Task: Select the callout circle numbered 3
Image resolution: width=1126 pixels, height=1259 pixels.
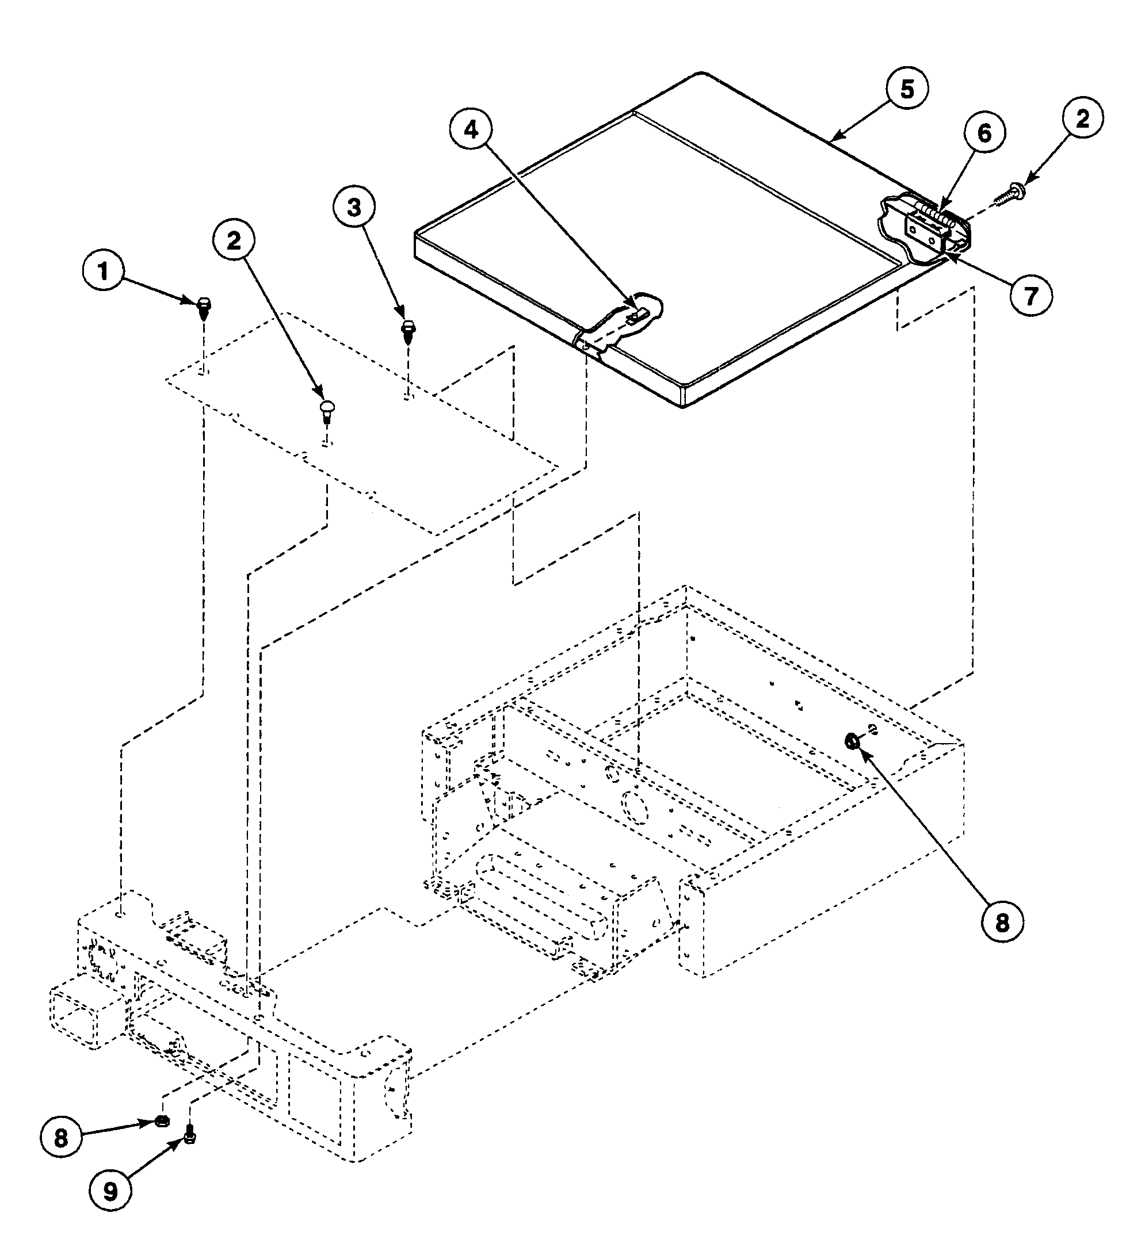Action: (x=354, y=208)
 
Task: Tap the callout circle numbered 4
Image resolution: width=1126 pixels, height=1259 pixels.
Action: (x=471, y=131)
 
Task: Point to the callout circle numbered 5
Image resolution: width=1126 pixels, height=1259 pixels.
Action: (x=907, y=89)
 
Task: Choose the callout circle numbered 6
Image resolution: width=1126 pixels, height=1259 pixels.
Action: (x=984, y=133)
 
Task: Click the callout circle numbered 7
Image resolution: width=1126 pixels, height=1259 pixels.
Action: (x=1030, y=296)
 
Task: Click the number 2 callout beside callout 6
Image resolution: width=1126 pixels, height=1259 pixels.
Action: (x=1082, y=118)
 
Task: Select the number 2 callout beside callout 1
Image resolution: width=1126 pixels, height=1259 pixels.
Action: (x=234, y=241)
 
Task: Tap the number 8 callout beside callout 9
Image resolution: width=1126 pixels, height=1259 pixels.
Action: (x=60, y=1137)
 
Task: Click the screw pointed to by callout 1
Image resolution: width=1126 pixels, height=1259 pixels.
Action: (x=204, y=306)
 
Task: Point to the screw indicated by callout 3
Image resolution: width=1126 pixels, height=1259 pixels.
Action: (x=409, y=330)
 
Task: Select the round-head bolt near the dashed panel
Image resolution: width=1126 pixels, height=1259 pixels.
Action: (x=327, y=409)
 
